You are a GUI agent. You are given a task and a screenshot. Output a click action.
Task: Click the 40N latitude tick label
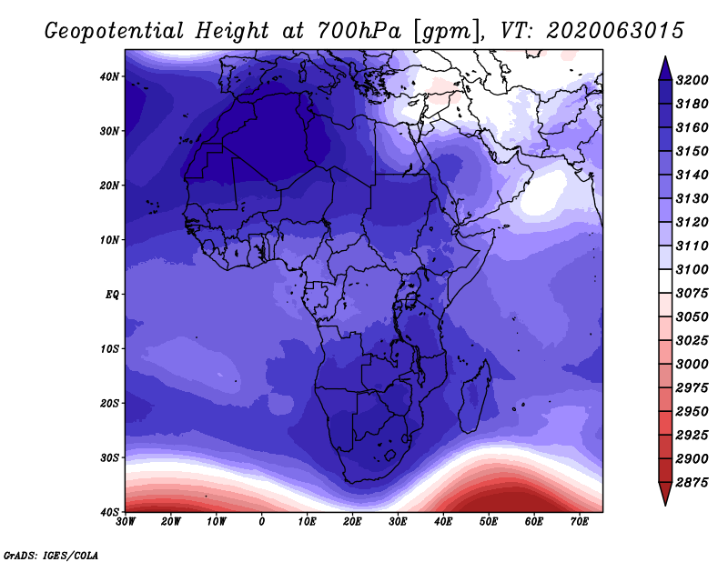(x=109, y=76)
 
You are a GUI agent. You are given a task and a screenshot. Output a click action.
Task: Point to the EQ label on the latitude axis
(x=112, y=295)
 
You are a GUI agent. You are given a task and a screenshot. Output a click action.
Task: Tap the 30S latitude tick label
(x=109, y=457)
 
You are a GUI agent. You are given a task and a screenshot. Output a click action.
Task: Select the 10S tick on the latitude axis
(x=109, y=349)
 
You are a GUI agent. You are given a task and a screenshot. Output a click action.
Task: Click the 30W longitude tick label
(x=126, y=522)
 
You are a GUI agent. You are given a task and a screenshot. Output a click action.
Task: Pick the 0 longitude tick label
(x=262, y=522)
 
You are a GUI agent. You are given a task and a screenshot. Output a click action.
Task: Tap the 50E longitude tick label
(x=489, y=522)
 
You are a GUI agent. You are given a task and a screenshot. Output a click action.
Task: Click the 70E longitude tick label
(x=579, y=522)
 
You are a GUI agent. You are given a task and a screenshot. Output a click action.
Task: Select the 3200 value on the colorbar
(x=692, y=80)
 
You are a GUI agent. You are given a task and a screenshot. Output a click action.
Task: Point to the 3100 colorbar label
(x=692, y=269)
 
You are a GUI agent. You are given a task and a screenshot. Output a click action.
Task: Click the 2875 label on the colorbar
(x=692, y=483)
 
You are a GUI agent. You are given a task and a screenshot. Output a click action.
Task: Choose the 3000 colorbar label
(x=692, y=365)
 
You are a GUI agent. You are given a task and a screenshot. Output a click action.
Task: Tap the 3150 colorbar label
(x=692, y=151)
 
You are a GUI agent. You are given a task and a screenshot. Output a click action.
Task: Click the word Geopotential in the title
(x=115, y=32)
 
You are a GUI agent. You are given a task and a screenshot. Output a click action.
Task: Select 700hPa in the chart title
(x=359, y=31)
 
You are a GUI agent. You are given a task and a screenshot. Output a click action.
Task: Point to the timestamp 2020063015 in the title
(x=615, y=31)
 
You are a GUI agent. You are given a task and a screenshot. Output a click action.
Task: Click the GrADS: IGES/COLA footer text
(x=51, y=556)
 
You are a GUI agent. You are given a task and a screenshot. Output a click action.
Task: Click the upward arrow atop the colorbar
(x=665, y=68)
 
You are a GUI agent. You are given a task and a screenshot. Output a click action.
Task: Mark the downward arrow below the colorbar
(x=665, y=494)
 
